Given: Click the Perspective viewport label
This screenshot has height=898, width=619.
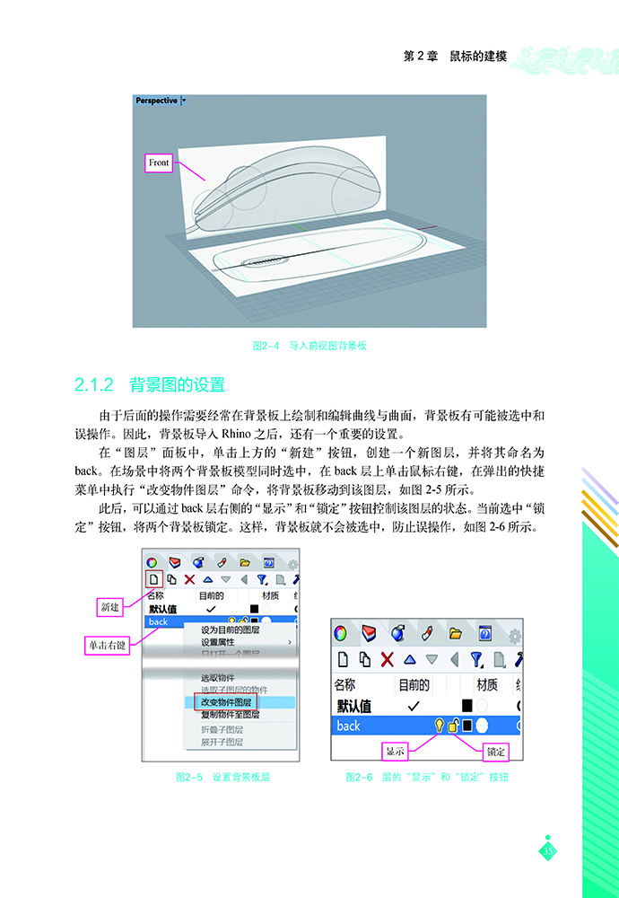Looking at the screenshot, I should [157, 101].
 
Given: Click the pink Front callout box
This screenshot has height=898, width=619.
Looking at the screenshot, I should [159, 163].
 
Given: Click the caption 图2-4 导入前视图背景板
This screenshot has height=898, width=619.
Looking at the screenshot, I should [310, 345].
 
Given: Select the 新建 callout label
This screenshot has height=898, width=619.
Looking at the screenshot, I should [109, 608].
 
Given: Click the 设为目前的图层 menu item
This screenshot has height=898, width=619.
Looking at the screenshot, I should [230, 630].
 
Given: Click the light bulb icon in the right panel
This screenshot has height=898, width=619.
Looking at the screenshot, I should [440, 725].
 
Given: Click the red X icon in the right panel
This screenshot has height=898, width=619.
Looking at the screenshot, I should [388, 658].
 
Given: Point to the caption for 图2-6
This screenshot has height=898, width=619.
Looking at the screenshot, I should [427, 778].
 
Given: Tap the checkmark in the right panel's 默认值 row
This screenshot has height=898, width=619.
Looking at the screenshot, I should [414, 706].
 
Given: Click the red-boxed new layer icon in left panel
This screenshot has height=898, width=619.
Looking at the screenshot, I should [154, 580].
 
